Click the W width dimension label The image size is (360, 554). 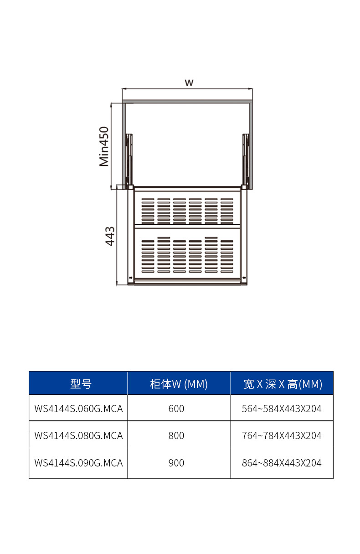pos(189,83)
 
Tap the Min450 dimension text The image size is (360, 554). pos(104,146)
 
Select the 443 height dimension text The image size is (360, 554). pos(110,236)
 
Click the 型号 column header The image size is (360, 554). pos(81,384)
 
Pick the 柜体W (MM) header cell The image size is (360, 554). pos(179,384)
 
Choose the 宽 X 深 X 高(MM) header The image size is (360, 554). pos(283,384)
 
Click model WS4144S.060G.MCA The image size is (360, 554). pos(79,409)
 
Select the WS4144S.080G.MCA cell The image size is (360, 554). pos(79,435)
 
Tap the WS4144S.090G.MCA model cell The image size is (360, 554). pos(79,463)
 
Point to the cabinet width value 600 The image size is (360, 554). pos(176,409)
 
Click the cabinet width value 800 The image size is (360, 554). pos(176,435)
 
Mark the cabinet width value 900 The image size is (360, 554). pos(176,463)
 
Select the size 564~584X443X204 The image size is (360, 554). pos(282,409)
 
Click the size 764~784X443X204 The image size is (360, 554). pos(282,435)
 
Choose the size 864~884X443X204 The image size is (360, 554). pos(282,463)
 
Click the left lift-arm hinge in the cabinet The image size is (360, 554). pos(129,160)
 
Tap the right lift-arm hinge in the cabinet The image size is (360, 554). pos(246,160)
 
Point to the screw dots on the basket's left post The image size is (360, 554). pos(131,278)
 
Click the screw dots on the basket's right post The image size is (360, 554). pos(244,278)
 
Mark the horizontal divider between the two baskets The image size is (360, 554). pos(187,226)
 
